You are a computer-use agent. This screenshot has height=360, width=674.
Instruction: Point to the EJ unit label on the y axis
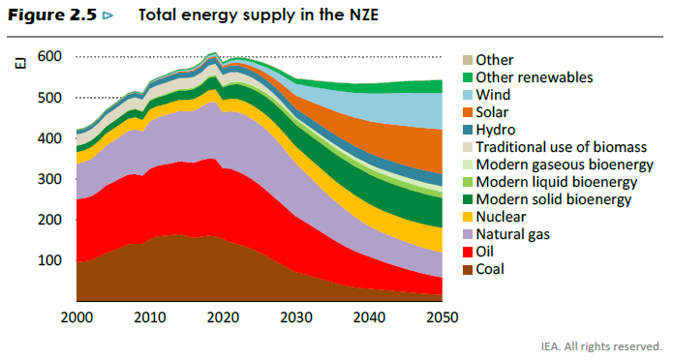click(x=20, y=64)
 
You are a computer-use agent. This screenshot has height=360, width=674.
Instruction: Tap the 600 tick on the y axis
click(x=49, y=57)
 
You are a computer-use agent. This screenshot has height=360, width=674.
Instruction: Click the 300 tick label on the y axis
click(x=49, y=179)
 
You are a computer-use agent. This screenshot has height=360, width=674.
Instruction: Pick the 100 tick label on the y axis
click(x=49, y=260)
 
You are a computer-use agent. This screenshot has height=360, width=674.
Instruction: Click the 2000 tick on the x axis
click(x=77, y=317)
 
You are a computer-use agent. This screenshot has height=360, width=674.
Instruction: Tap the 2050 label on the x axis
click(x=441, y=317)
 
